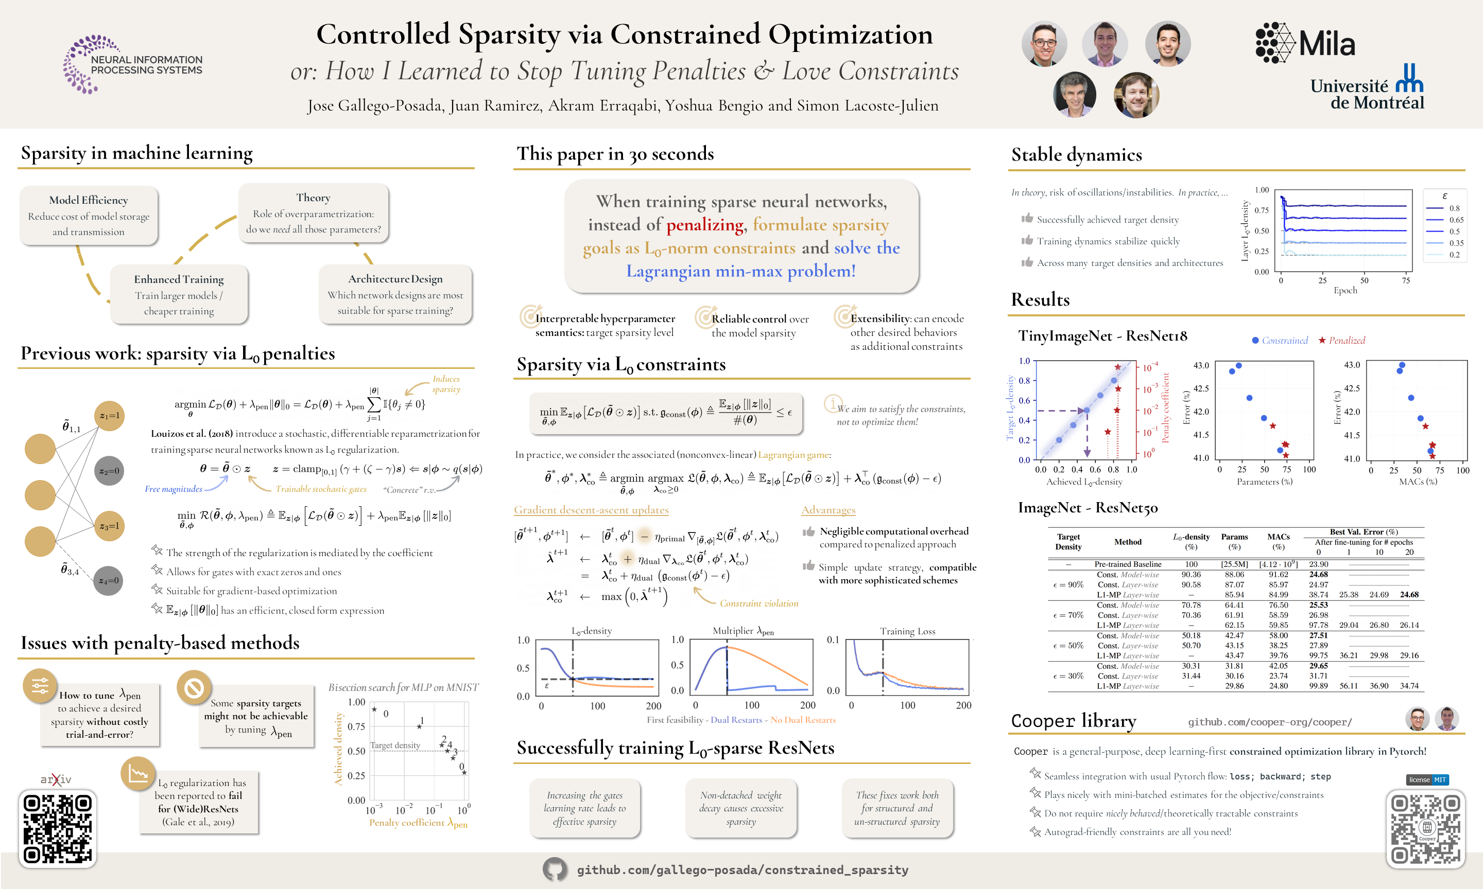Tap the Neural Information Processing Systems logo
tap(132, 64)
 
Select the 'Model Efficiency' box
tap(89, 216)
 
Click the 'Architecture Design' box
tap(395, 294)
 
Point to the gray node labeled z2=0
tap(109, 471)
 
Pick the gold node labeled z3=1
tap(109, 526)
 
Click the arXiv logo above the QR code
tap(56, 779)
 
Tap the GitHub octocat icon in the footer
tap(555, 869)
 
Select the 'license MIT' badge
tap(1427, 779)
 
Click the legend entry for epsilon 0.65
tap(1444, 220)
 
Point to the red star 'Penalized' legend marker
tap(1322, 340)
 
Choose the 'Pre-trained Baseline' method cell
tap(1128, 564)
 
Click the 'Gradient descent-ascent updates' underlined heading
tap(591, 510)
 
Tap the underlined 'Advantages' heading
tap(828, 510)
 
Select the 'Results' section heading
tap(1040, 299)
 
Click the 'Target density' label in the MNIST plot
tap(395, 745)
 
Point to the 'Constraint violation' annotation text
tap(759, 603)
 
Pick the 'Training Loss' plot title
tap(907, 631)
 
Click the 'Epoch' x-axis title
tap(1345, 291)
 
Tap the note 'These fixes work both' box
tap(897, 808)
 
